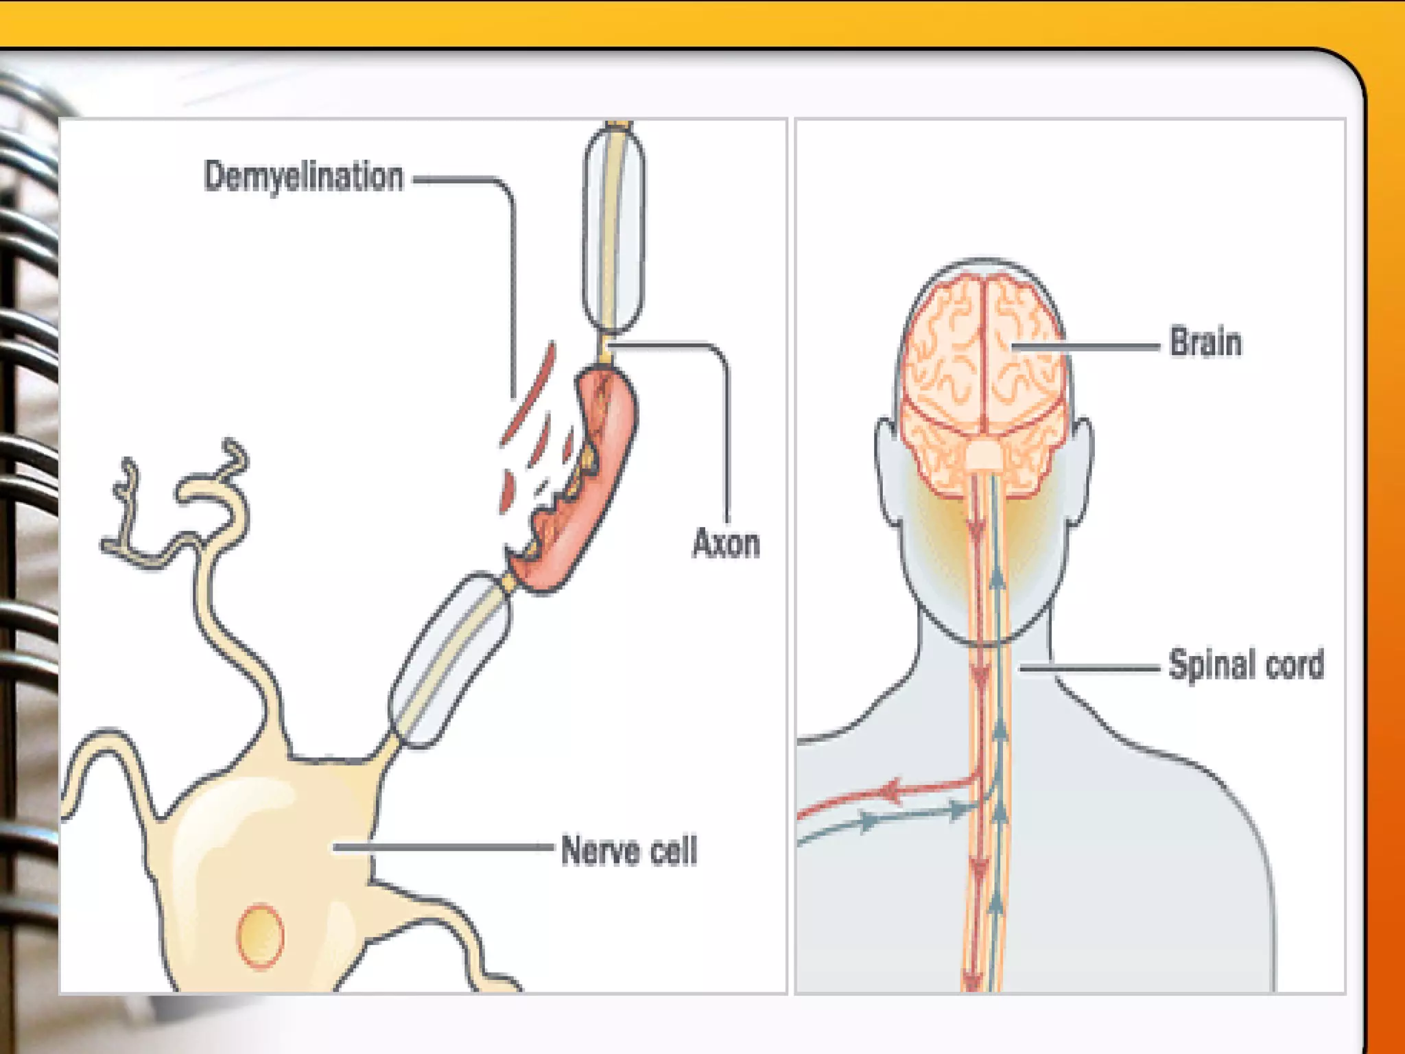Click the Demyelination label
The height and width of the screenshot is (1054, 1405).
click(303, 177)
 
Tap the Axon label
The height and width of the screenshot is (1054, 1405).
click(726, 544)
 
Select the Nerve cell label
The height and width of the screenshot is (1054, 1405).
click(628, 851)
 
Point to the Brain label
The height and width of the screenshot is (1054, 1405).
click(1205, 342)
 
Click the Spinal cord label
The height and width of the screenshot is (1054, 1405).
click(1246, 665)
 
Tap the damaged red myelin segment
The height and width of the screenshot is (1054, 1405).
click(583, 480)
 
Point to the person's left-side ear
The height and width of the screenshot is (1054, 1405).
click(888, 473)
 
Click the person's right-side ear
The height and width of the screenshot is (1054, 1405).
click(1081, 473)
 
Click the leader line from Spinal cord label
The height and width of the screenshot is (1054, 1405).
click(1091, 668)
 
